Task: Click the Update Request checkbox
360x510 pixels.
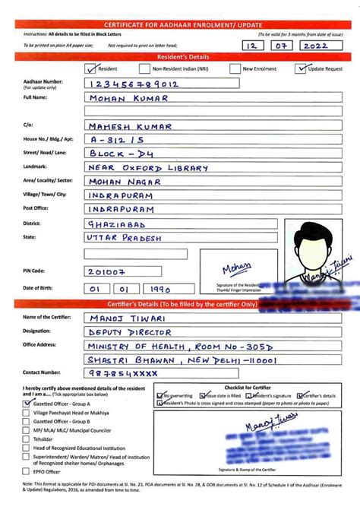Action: pyautogui.click(x=301, y=68)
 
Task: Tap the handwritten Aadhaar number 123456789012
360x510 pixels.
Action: pyautogui.click(x=134, y=84)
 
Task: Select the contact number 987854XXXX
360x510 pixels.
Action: pyautogui.click(x=122, y=373)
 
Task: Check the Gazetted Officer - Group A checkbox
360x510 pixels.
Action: pyautogui.click(x=27, y=404)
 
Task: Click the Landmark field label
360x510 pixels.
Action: pyautogui.click(x=36, y=166)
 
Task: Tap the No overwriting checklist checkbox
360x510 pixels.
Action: pyautogui.click(x=159, y=396)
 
